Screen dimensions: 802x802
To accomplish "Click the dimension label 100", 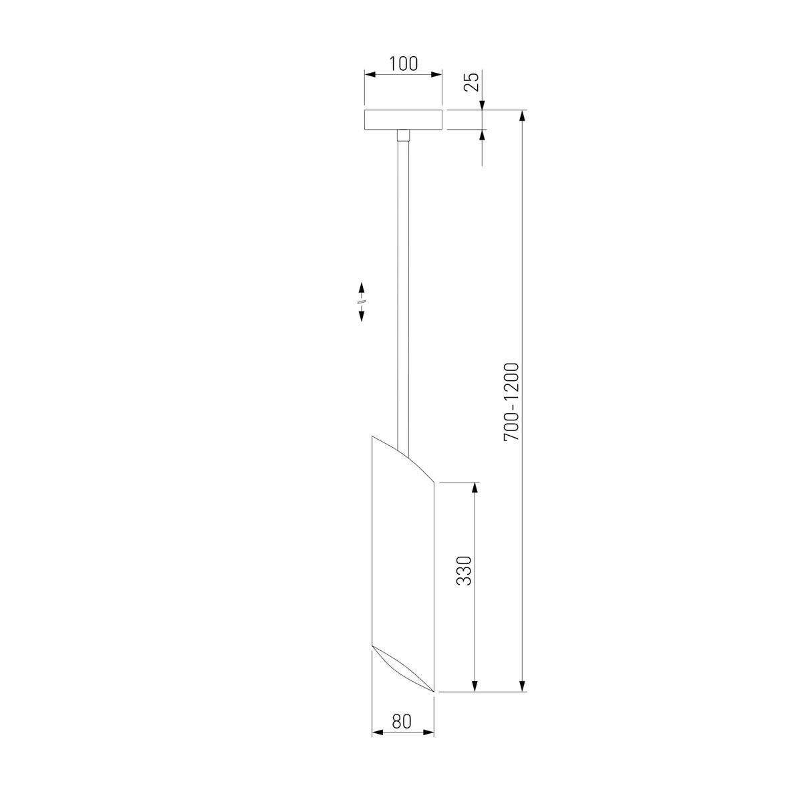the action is [x=403, y=64].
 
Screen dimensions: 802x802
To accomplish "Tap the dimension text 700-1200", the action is [x=511, y=402].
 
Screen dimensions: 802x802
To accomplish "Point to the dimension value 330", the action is [x=464, y=571].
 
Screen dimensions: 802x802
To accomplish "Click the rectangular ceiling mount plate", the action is [x=403, y=120].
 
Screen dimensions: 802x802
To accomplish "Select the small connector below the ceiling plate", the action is [x=403, y=136].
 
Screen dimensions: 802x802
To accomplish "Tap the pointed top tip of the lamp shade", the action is [x=372, y=436].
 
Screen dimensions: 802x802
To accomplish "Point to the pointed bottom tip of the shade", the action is [x=434, y=692].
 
